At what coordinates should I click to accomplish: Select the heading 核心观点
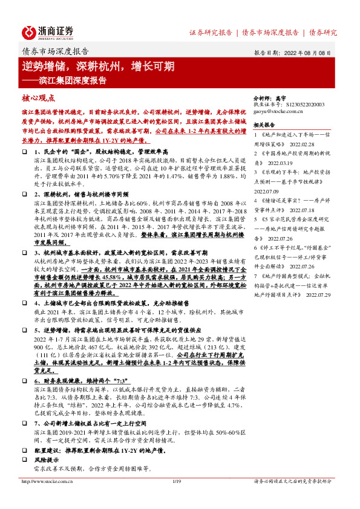38,96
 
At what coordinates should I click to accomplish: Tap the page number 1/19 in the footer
177,481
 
